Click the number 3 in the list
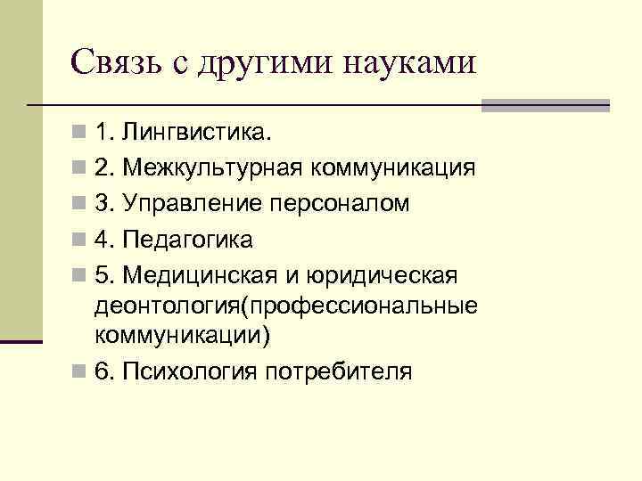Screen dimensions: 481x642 [103, 204]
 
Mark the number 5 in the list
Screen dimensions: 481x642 [103, 275]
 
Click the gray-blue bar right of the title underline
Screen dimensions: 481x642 [545, 105]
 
